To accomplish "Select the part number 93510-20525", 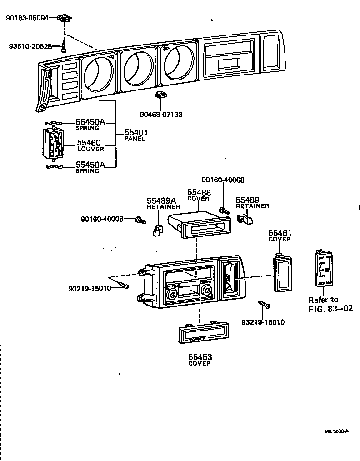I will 30,46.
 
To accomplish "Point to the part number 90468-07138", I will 161,115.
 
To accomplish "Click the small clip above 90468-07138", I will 160,95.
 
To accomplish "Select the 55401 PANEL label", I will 135,135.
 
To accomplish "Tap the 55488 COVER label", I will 199,195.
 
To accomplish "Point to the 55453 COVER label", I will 200,360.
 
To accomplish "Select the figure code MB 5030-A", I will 336,431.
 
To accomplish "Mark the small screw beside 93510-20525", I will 65,47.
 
